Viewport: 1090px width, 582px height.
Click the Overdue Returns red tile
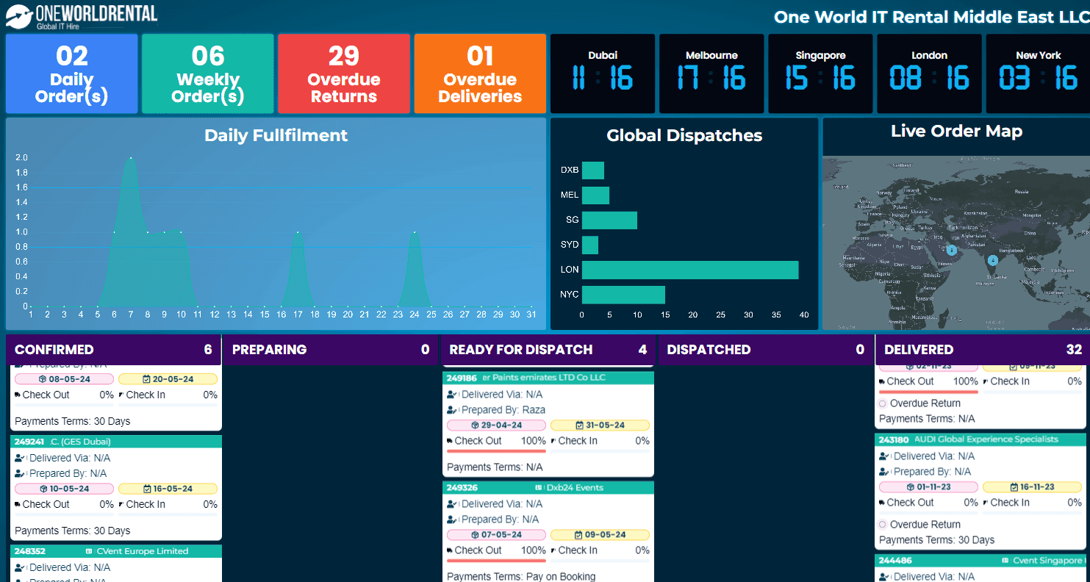[344, 73]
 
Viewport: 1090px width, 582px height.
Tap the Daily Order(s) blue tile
[72, 73]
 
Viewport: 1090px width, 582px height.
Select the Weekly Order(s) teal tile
[208, 73]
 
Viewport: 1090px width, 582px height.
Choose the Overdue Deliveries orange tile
[480, 73]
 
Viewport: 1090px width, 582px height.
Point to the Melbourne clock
[711, 73]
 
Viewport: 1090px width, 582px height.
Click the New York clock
[1038, 73]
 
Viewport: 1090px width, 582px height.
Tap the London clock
[929, 73]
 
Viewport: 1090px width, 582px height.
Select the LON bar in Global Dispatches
[690, 270]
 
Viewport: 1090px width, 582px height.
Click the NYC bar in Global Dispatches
[623, 295]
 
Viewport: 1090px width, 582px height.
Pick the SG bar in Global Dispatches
[609, 220]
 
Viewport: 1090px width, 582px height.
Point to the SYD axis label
[570, 244]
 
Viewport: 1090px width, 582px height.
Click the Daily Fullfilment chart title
[276, 135]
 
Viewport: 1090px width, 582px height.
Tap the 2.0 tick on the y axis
[21, 157]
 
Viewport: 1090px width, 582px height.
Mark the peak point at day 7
[131, 157]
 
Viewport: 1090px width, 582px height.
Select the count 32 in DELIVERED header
[1074, 350]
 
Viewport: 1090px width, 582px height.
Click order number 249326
[462, 487]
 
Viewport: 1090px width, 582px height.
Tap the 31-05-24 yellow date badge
[600, 425]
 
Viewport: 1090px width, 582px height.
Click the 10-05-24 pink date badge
[64, 489]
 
